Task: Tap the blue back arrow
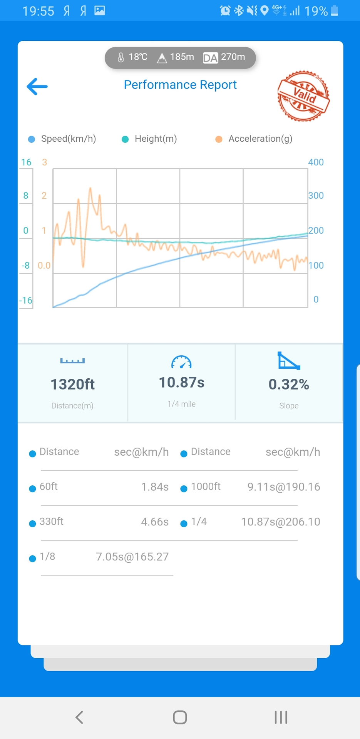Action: (37, 86)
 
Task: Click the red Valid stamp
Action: (303, 96)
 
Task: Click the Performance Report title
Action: (180, 85)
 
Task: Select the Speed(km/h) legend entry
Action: (63, 139)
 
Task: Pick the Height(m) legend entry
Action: (150, 139)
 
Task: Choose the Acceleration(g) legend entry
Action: (254, 139)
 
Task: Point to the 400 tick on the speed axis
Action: (316, 162)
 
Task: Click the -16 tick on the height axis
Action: (26, 301)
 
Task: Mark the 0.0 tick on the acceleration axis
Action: (44, 266)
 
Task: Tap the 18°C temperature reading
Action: (133, 57)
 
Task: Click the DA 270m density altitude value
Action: (224, 57)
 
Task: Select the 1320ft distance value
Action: (72, 384)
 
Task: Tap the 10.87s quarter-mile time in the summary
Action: (181, 383)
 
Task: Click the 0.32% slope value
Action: (289, 384)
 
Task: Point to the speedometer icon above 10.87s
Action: (181, 362)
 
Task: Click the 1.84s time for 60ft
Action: (155, 487)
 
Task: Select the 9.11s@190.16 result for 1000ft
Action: (283, 487)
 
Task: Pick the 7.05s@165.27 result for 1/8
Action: (132, 557)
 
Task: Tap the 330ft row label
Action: (51, 522)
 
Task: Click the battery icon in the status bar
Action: (335, 11)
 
